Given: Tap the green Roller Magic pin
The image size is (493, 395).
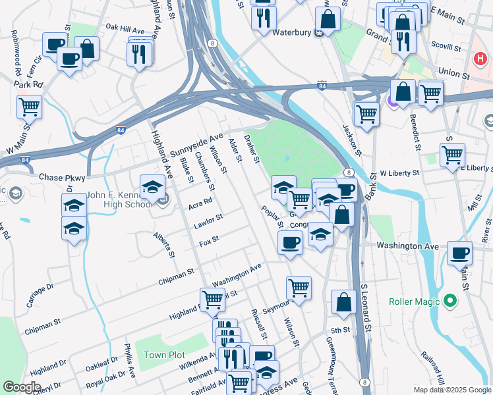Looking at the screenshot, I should tap(451, 302).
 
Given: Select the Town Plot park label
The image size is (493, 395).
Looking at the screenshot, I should tap(164, 355).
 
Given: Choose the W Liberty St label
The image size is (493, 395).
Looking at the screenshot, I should tap(399, 172).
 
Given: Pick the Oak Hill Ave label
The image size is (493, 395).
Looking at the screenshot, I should tap(125, 30).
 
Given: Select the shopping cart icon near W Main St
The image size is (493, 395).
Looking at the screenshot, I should tap(29, 106).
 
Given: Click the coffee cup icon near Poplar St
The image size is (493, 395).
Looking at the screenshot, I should tap(288, 243).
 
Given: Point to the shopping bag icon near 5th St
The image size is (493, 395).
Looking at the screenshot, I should tap(343, 302).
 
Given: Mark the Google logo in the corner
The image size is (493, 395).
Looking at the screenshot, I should tap(22, 387).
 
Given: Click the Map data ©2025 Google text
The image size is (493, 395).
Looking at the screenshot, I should tap(452, 390).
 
